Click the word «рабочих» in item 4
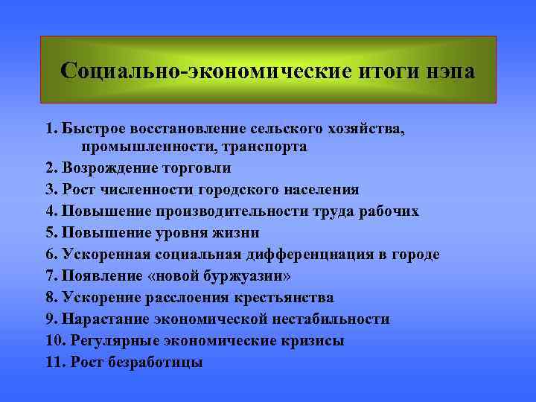point(390,211)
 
